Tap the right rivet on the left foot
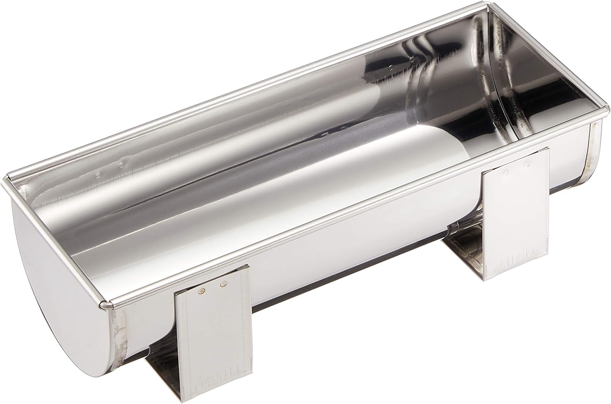(x=223, y=284)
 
